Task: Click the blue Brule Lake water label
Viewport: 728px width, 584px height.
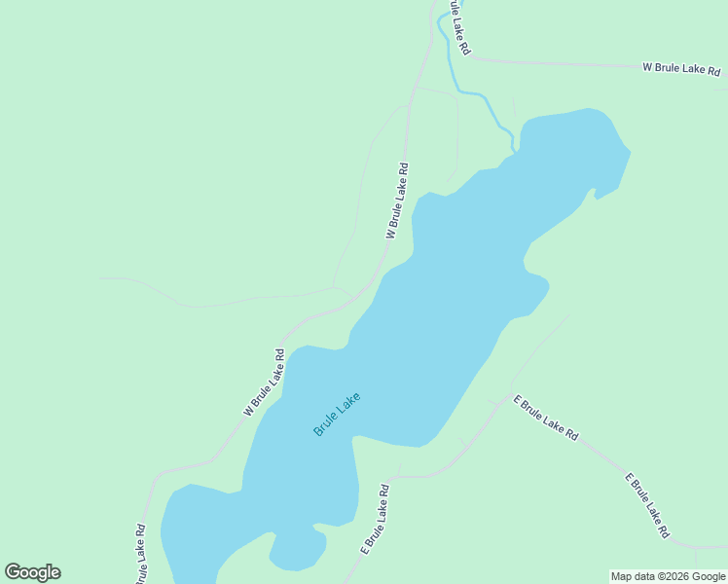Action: click(x=337, y=413)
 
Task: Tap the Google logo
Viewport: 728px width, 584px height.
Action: click(x=32, y=572)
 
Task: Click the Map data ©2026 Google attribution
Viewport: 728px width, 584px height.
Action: click(x=668, y=576)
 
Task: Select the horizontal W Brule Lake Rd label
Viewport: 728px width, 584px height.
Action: click(x=681, y=69)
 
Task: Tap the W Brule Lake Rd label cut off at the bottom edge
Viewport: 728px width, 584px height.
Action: click(x=140, y=555)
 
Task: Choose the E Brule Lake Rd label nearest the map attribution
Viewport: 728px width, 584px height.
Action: click(x=646, y=505)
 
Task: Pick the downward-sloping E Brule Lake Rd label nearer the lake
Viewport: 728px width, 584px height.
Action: click(x=546, y=420)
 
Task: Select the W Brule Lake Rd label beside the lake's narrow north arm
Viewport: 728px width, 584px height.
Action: click(x=397, y=201)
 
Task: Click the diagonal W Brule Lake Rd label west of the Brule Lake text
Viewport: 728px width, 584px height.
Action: click(x=264, y=383)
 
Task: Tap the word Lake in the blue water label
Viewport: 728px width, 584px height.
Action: click(x=349, y=401)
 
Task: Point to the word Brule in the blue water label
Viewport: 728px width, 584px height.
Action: click(x=326, y=423)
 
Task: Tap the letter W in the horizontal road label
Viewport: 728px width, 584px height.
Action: click(x=646, y=67)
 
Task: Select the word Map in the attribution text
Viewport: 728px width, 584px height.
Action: click(x=622, y=576)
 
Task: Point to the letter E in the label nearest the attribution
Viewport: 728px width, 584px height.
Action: click(x=628, y=478)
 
